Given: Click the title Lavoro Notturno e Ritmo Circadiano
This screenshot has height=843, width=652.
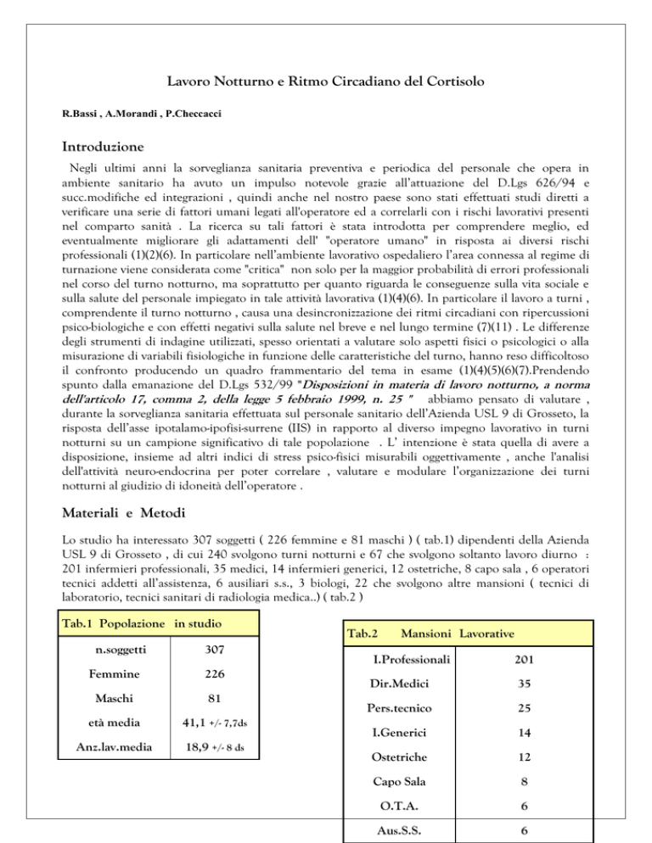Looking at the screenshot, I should [325, 84].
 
